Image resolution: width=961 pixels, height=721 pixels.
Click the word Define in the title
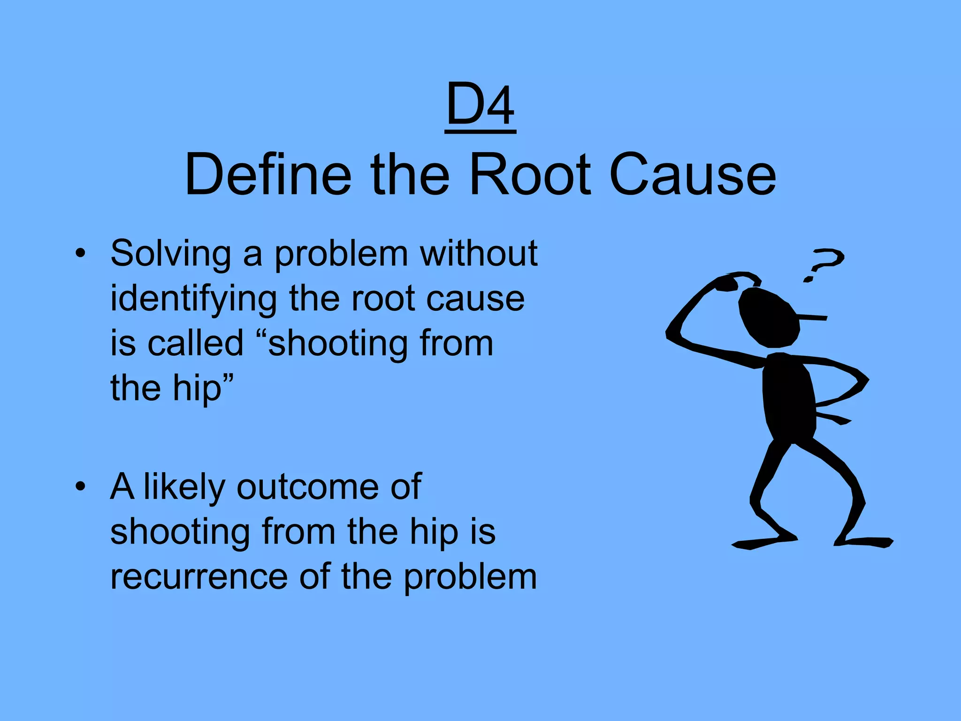(x=268, y=175)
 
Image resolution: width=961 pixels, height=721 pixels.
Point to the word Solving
(x=170, y=254)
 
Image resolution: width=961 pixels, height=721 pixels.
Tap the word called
(x=196, y=343)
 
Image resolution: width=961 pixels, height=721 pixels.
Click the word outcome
(x=307, y=487)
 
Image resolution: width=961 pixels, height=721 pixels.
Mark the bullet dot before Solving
(x=81, y=253)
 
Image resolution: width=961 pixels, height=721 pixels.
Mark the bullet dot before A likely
(x=81, y=486)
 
